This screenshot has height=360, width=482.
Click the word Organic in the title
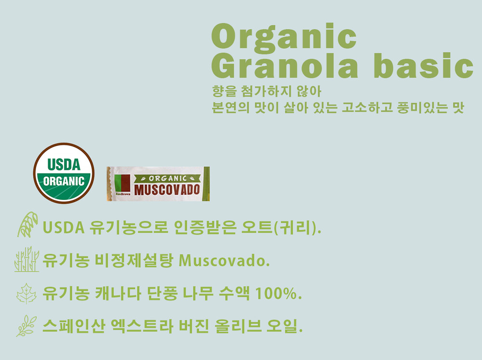(x=284, y=37)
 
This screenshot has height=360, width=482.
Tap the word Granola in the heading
(x=285, y=66)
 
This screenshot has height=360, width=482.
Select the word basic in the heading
(x=423, y=65)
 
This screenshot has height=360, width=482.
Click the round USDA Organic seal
(x=64, y=173)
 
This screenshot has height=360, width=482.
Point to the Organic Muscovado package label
(x=158, y=184)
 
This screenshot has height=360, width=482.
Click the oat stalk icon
(x=27, y=225)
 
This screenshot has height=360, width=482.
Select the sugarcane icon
(x=27, y=259)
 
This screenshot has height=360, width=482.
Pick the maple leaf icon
(x=27, y=293)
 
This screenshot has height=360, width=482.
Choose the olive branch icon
(x=27, y=326)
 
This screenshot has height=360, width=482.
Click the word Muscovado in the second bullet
(x=224, y=261)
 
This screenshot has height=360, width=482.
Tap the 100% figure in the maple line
(x=278, y=293)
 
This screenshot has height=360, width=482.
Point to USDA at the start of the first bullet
(x=63, y=227)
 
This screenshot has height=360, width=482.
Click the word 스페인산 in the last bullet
(x=74, y=326)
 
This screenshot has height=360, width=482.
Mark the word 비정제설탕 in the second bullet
(x=134, y=261)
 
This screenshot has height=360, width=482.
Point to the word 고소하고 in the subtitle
(x=367, y=107)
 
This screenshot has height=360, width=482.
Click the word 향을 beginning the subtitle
(x=225, y=91)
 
